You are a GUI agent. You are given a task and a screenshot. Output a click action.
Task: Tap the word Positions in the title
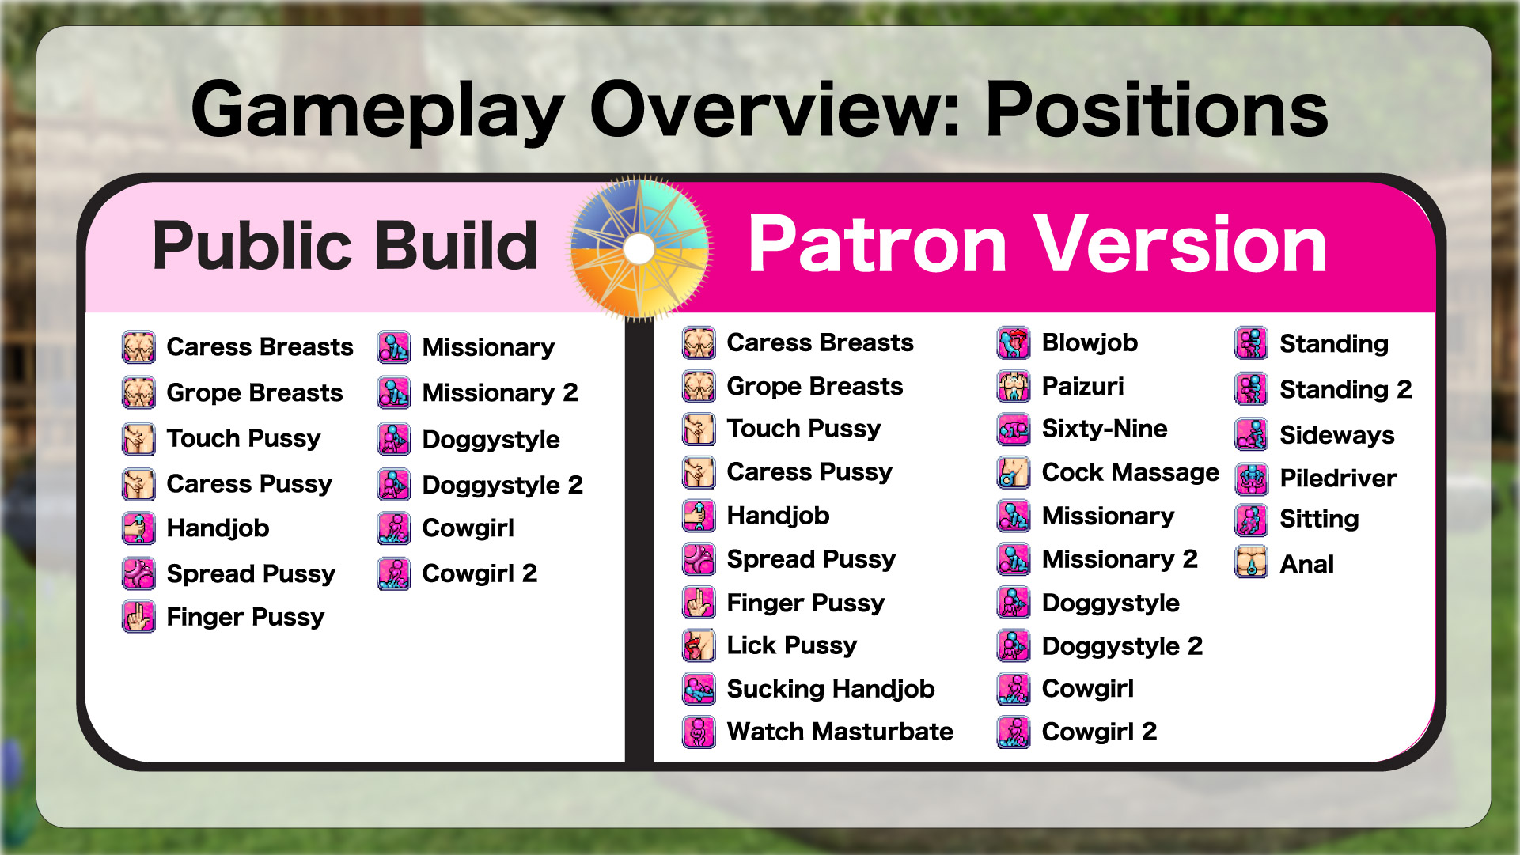click(x=1157, y=110)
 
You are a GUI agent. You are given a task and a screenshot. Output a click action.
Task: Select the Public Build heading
click(x=345, y=245)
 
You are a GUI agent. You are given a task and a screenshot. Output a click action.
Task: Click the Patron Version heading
click(x=1037, y=244)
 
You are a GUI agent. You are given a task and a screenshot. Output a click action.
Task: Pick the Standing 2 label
click(x=1345, y=389)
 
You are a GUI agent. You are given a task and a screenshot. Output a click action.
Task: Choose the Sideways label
click(x=1337, y=435)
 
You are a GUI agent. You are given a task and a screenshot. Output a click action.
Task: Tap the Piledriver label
click(x=1338, y=478)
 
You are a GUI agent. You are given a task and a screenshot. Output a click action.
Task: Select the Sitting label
click(x=1319, y=519)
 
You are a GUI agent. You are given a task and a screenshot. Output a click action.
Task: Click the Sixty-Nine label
click(x=1105, y=429)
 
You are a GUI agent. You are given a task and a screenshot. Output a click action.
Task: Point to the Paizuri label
click(x=1082, y=386)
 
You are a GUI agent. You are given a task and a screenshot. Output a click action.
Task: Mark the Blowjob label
click(x=1090, y=342)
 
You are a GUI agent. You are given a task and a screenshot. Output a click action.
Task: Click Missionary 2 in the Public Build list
click(x=500, y=392)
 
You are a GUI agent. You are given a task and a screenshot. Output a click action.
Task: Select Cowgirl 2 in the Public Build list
click(x=480, y=573)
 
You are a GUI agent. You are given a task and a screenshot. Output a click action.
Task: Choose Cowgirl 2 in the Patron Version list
click(x=1099, y=732)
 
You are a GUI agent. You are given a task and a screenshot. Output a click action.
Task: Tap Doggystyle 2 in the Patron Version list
click(x=1122, y=646)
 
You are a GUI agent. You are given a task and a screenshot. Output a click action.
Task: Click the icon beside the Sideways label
click(x=1252, y=434)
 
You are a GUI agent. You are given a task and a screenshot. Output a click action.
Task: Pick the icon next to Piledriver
click(x=1252, y=478)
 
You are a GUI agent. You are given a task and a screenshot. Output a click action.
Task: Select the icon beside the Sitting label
click(x=1252, y=520)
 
